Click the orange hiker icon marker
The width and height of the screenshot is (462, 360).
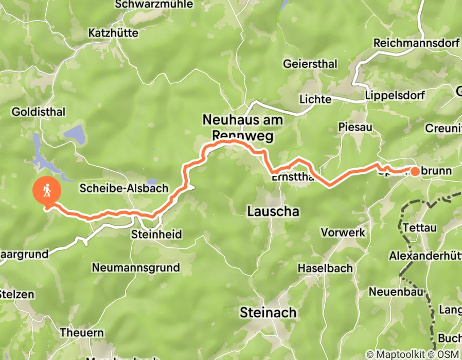(47, 191)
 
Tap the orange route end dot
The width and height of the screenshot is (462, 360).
(415, 171)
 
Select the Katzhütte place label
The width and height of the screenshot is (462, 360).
(113, 33)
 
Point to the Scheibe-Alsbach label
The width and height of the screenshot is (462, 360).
(124, 188)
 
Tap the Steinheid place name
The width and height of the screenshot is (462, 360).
(157, 234)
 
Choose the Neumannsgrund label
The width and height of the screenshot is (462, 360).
(136, 267)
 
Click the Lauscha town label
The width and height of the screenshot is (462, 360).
(273, 211)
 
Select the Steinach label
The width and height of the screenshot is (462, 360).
(268, 312)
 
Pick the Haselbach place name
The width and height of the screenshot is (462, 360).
(325, 268)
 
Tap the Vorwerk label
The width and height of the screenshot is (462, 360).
(343, 232)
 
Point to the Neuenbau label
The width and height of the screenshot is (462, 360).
(396, 292)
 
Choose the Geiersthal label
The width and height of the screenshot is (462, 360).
(310, 64)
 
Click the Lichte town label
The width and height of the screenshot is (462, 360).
(316, 99)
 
